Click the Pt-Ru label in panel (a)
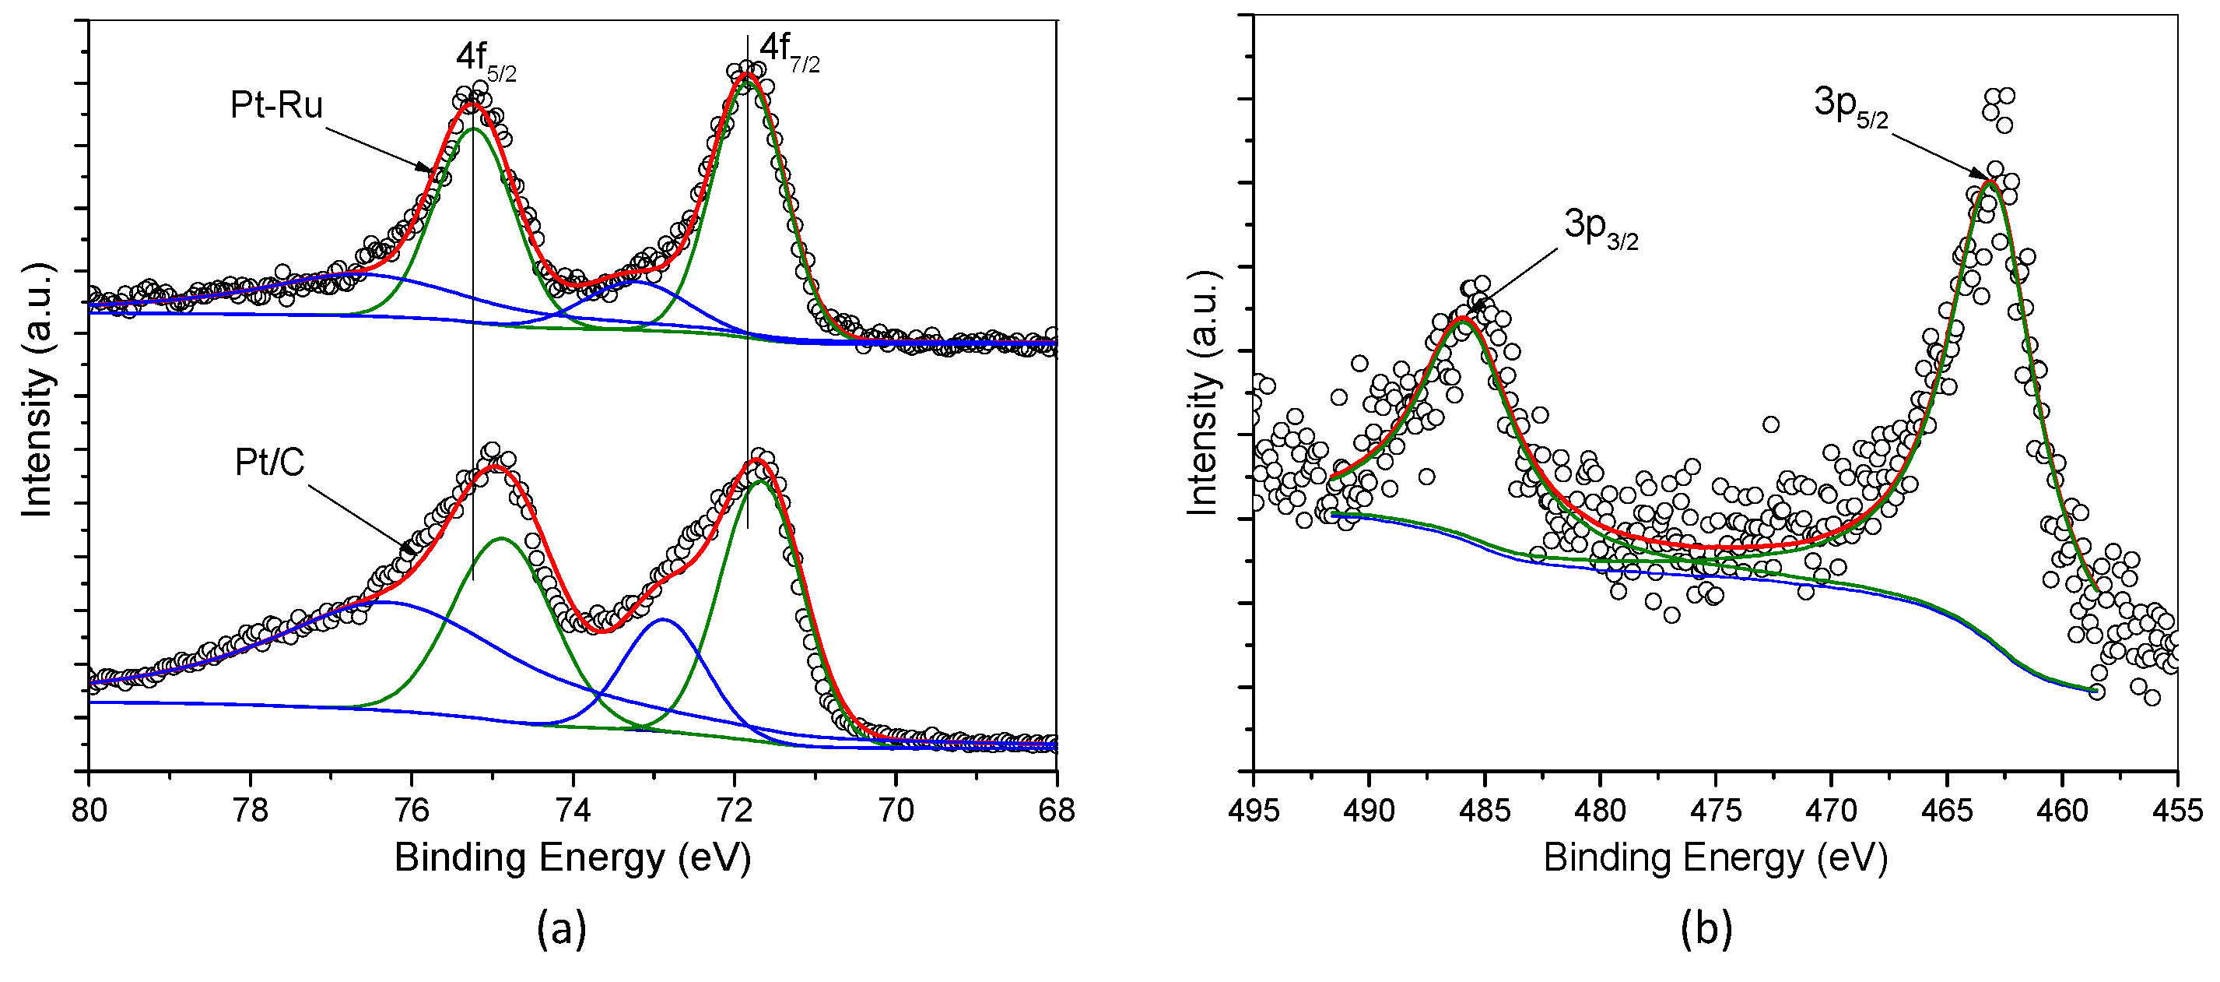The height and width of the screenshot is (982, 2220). coord(275,105)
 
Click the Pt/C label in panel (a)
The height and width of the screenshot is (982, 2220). coord(270,464)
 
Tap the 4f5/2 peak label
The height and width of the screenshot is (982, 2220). coord(486,59)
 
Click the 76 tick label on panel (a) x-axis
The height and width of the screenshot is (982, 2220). coord(412,811)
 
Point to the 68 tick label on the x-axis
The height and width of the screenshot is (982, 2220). coord(1057,811)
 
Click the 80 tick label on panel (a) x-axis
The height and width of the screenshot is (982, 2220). coord(89,811)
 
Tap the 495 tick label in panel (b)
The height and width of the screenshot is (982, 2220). coord(1253,811)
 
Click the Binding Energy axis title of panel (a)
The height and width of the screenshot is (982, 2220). coord(572,858)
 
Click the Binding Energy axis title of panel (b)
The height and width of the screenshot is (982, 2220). coord(1715,858)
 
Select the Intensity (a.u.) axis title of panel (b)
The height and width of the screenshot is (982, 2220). coord(1202,394)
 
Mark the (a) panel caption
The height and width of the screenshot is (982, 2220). coord(562,928)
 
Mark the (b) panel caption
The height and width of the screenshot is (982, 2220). coord(1706,928)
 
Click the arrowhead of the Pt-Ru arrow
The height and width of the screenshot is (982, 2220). coord(427,169)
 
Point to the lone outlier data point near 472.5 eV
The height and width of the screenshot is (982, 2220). coord(1771,424)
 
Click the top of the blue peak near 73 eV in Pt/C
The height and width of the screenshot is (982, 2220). coord(663,619)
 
